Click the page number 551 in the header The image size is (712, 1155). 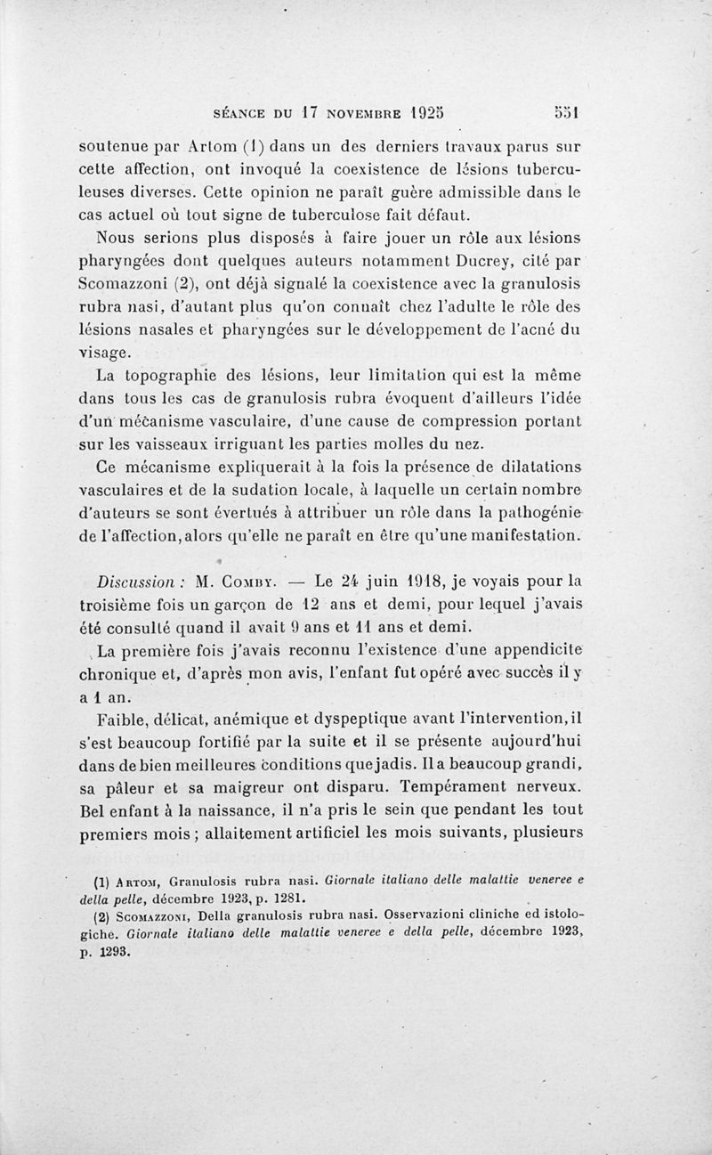click(563, 114)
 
